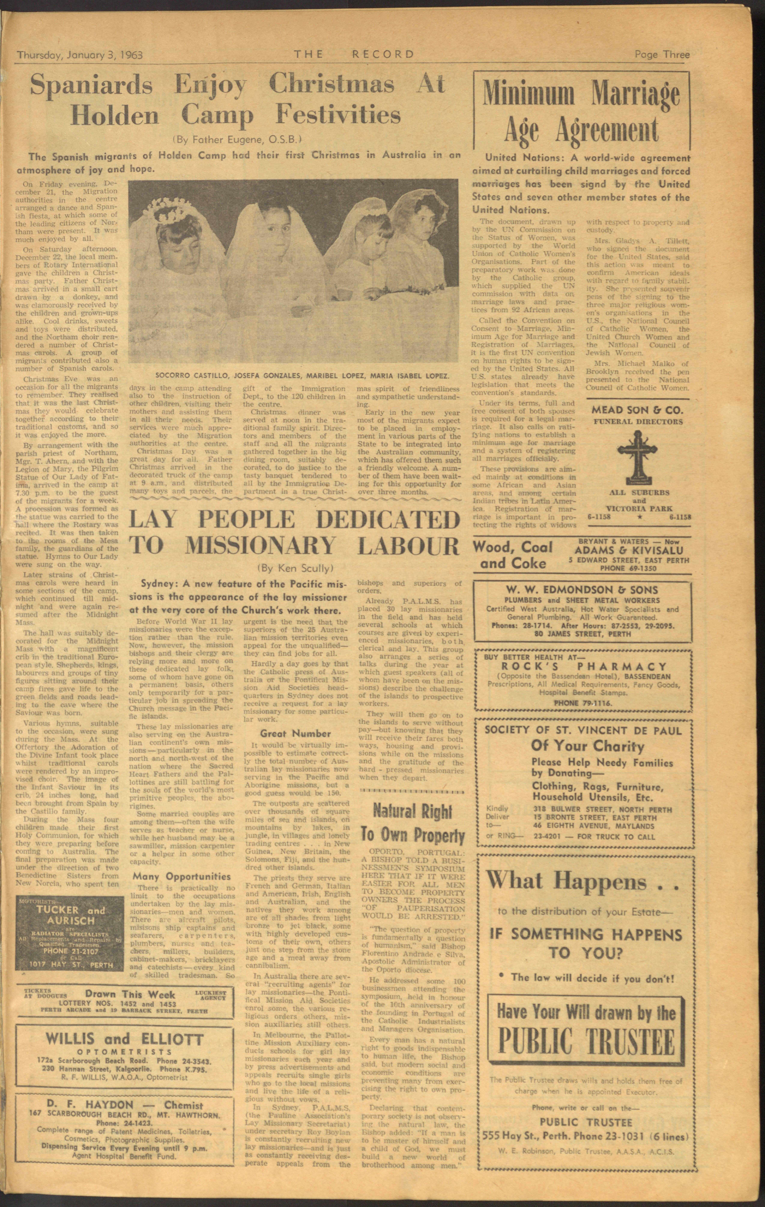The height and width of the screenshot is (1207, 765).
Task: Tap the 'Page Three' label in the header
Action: (662, 54)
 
